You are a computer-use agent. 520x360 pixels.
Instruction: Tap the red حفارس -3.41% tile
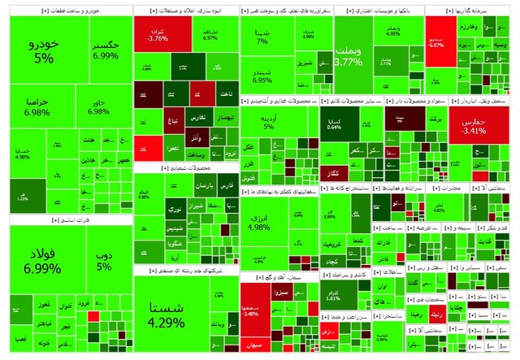471,126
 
